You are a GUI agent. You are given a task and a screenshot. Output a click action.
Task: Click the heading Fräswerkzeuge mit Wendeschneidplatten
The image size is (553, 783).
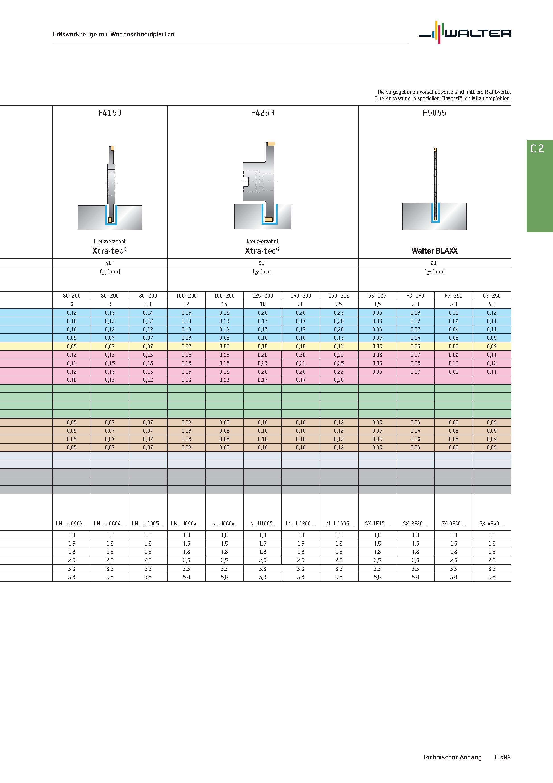coord(113,34)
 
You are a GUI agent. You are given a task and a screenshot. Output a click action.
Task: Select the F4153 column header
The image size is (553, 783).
coord(110,113)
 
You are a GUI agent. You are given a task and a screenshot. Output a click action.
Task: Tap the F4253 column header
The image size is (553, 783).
coord(262,113)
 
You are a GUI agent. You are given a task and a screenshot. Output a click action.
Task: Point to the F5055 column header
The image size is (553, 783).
coord(434,113)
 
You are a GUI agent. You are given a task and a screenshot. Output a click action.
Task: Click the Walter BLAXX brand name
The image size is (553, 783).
coord(434,250)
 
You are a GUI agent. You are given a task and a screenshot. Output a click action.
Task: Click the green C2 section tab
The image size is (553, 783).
coord(540,186)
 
